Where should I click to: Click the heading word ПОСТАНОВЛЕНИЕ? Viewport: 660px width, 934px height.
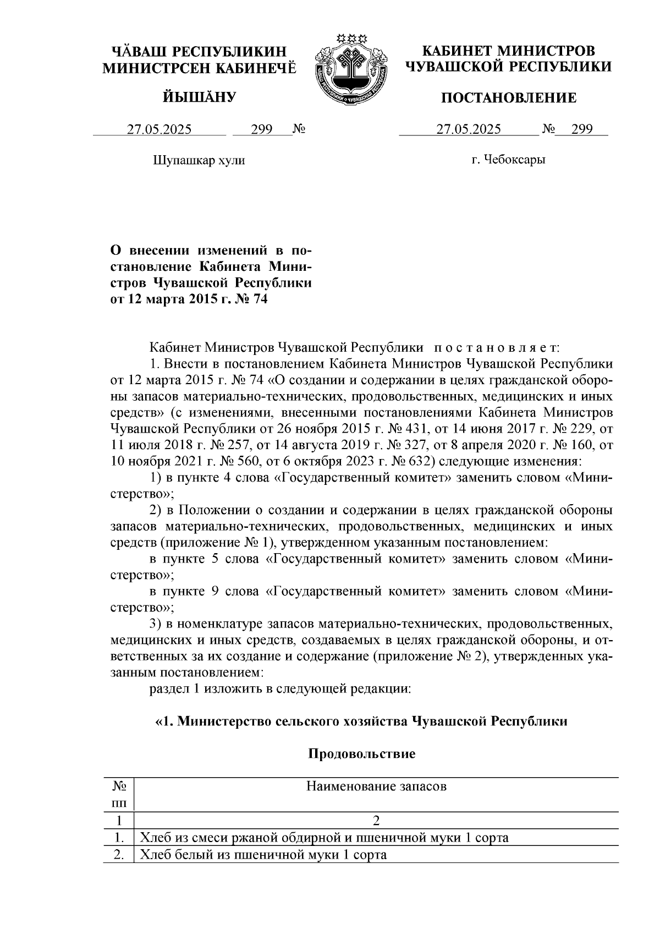[x=509, y=98]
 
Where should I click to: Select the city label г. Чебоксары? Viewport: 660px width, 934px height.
[x=508, y=160]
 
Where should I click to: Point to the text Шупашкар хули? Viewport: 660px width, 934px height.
[x=198, y=160]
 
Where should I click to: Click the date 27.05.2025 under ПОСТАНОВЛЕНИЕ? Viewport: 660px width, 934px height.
[x=469, y=129]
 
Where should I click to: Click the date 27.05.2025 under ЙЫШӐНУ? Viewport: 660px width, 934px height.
[x=159, y=129]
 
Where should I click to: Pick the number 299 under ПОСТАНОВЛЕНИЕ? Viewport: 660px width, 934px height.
[x=581, y=129]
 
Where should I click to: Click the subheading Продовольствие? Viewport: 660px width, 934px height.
[x=361, y=753]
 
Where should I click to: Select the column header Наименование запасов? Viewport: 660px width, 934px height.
[x=376, y=786]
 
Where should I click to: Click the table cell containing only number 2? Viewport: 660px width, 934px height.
[x=376, y=821]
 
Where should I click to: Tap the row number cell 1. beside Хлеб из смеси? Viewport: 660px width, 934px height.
[x=118, y=838]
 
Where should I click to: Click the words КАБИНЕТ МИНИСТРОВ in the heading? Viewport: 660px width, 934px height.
[x=508, y=52]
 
